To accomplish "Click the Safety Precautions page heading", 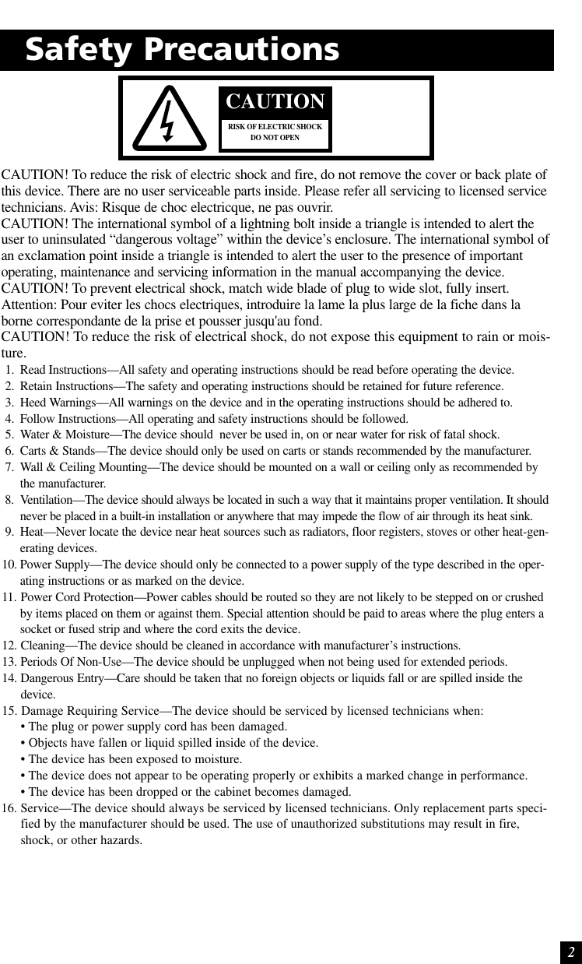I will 182,50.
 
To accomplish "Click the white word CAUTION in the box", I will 275,102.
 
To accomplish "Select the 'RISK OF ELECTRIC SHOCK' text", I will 275,127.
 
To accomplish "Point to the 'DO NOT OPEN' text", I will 275,139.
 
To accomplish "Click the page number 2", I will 570,952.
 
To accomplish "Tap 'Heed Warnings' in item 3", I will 58,403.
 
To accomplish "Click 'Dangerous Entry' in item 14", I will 62,678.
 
